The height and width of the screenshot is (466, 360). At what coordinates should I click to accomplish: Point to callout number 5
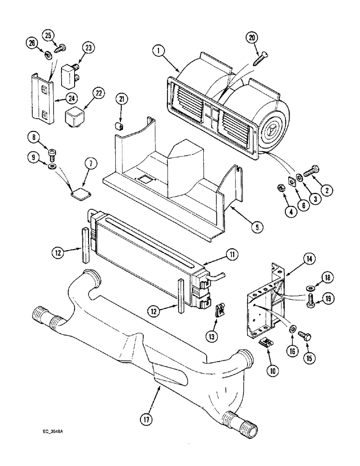256,227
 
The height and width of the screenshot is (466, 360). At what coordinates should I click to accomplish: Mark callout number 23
88,48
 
